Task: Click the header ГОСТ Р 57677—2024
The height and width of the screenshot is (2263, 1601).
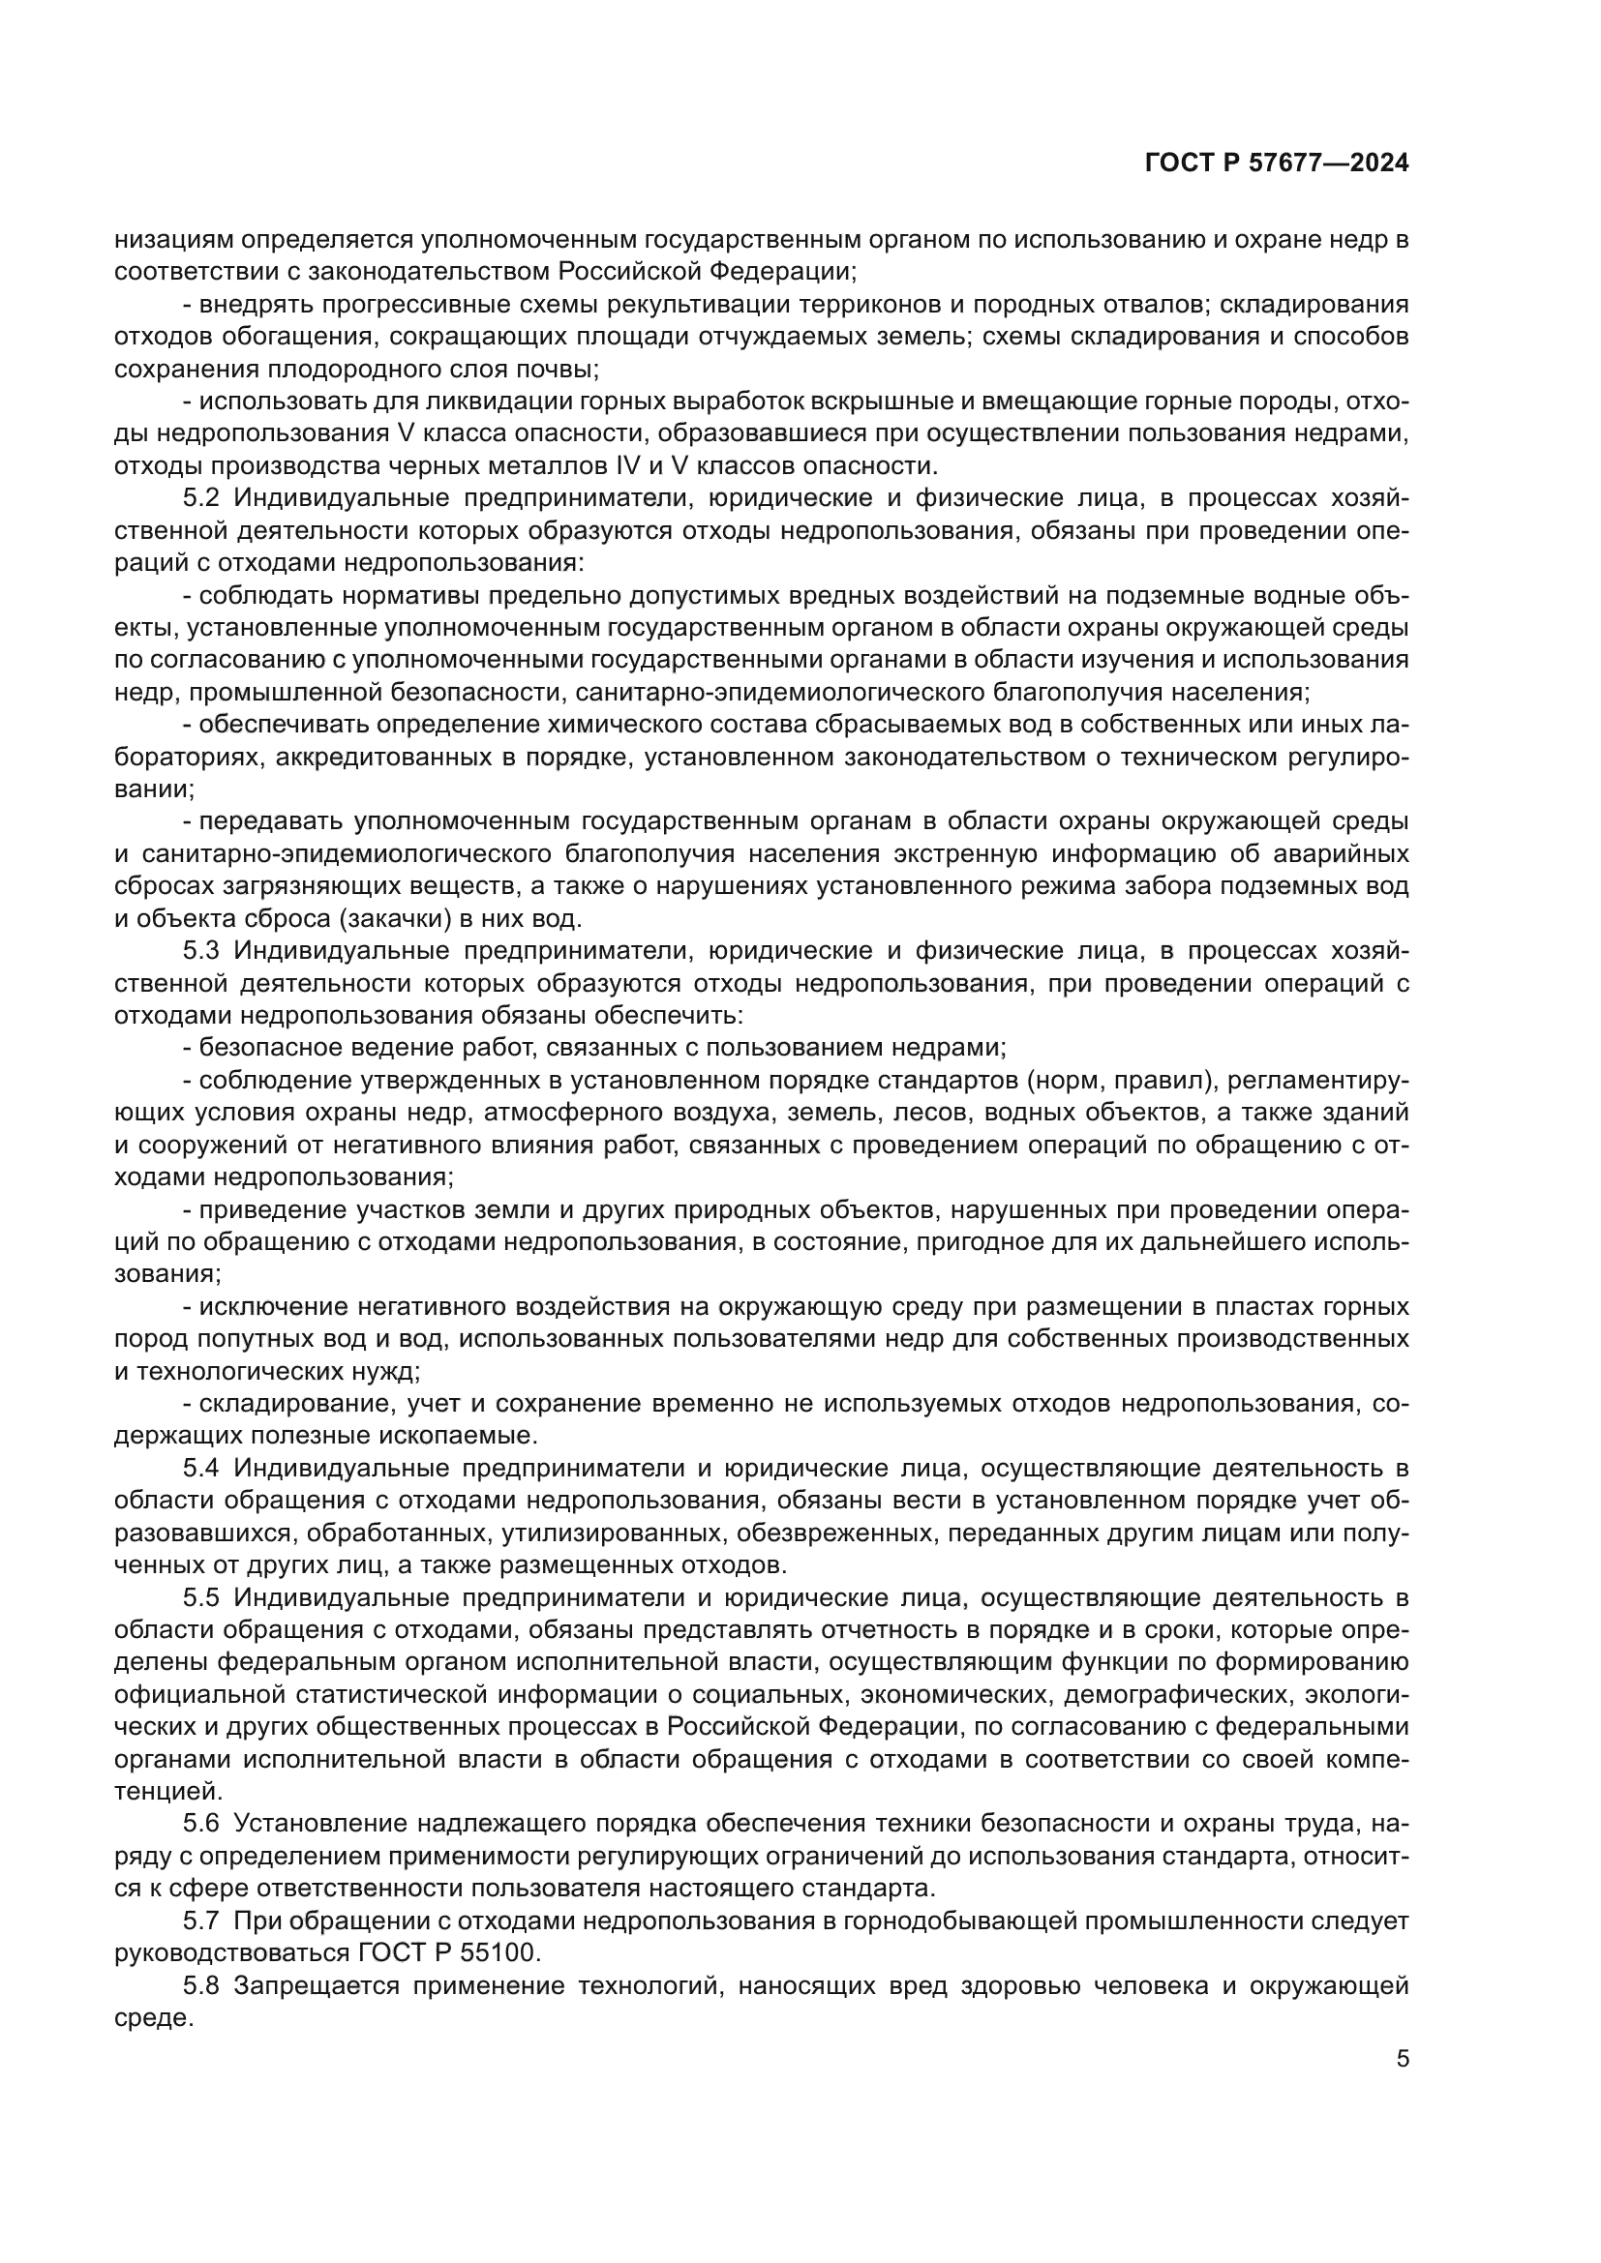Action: click(1276, 164)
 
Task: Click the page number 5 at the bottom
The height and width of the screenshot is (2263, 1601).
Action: click(1402, 2059)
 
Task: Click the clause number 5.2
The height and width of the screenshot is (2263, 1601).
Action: click(203, 498)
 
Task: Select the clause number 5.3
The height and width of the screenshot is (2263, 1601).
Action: click(203, 951)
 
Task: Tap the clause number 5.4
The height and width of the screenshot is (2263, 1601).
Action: click(203, 1469)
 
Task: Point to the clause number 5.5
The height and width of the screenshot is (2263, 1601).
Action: click(203, 1597)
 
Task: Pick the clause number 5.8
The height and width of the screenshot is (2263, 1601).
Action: click(203, 1986)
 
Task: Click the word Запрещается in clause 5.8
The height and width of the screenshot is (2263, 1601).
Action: click(317, 1986)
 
